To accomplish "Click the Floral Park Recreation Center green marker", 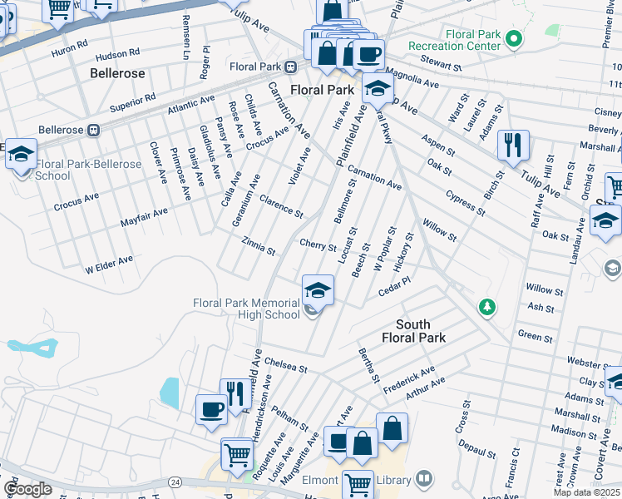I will coord(514,38).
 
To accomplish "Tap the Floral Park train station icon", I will coord(291,67).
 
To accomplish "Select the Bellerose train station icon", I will coord(94,129).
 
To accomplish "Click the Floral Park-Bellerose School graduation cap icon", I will coord(22,153).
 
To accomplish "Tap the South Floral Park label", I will coord(413,331).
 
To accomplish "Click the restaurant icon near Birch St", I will coord(513,146).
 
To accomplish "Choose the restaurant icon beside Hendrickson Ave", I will coord(235,393).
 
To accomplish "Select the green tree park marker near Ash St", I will coord(487,308).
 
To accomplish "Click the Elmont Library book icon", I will coord(424,479).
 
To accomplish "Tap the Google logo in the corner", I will coord(27,489).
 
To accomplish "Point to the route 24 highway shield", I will coord(175,482).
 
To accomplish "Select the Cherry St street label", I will coord(318,246).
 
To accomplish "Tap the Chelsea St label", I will coord(286,364).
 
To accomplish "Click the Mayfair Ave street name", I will coord(144,218).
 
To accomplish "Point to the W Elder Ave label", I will coord(109,264).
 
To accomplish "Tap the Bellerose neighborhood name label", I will coord(117,73).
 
